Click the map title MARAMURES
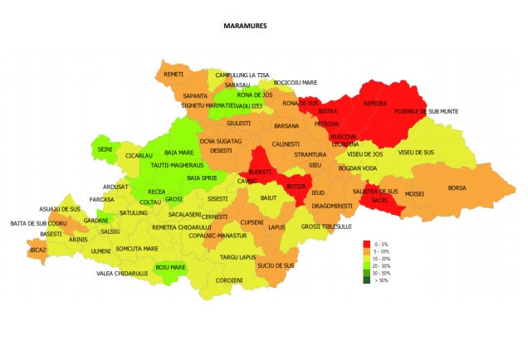245,26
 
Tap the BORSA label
457,188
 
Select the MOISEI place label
414,194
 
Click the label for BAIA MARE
178,153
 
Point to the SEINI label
105,149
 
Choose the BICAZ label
37,249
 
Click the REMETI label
174,75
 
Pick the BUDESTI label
260,173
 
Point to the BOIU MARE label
170,267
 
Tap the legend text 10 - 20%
384,258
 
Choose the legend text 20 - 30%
384,265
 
